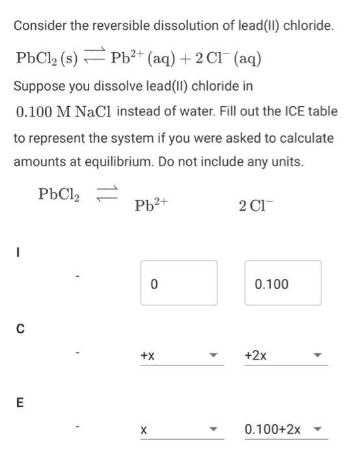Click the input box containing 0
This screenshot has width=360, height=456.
click(x=178, y=283)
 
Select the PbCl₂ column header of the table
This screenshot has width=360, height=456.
click(x=59, y=193)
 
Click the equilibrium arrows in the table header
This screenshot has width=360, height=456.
click(x=105, y=192)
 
